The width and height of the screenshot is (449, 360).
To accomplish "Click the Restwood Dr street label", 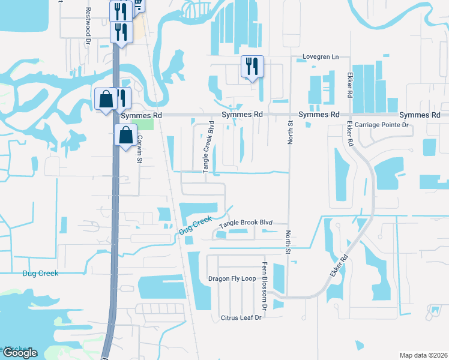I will pos(89,22).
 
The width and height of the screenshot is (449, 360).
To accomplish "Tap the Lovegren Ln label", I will pos(320,57).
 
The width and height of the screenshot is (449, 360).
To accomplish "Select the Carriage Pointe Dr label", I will pos(381,125).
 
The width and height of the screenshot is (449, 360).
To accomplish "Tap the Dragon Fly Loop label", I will pos(232,279).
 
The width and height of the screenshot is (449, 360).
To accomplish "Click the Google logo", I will pos(19,353).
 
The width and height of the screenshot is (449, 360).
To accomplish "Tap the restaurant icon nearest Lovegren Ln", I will pos(252,67).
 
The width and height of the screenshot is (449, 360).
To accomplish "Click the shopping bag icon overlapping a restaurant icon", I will pos(106,100).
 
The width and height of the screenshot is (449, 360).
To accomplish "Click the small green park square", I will pos(146,124).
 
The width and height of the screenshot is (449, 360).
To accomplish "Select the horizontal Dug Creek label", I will pos(40,273).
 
